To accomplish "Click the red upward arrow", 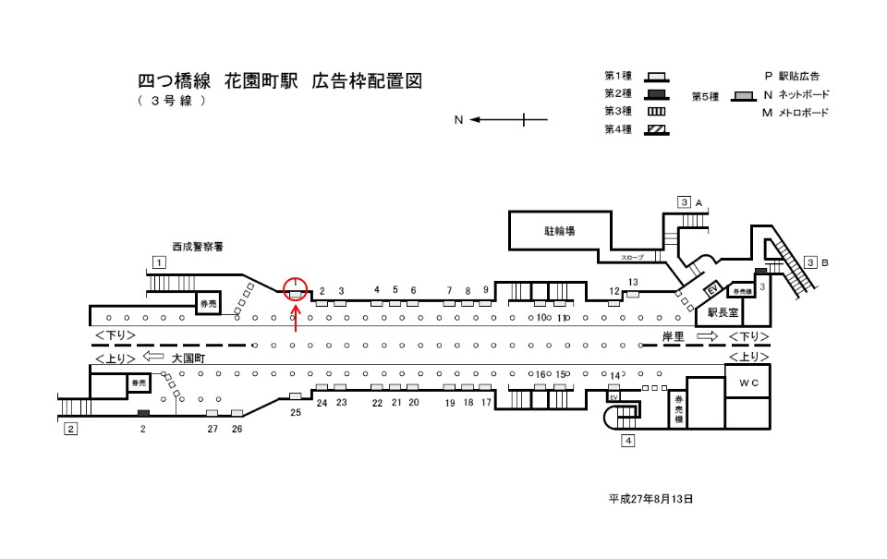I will click(296, 319).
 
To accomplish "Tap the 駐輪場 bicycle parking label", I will click(558, 231).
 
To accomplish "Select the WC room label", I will click(747, 382).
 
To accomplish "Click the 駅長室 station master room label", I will click(723, 312).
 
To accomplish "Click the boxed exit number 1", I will click(159, 261).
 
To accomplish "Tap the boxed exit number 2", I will click(69, 429).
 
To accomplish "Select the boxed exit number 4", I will click(628, 440).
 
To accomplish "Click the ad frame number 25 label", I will click(296, 413).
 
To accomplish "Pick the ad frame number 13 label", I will click(633, 282).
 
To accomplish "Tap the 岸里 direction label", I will click(673, 337).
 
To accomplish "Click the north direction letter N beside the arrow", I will click(458, 119).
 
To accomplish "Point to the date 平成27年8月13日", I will click(650, 499).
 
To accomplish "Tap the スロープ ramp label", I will click(632, 257).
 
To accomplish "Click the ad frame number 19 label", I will click(450, 403).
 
